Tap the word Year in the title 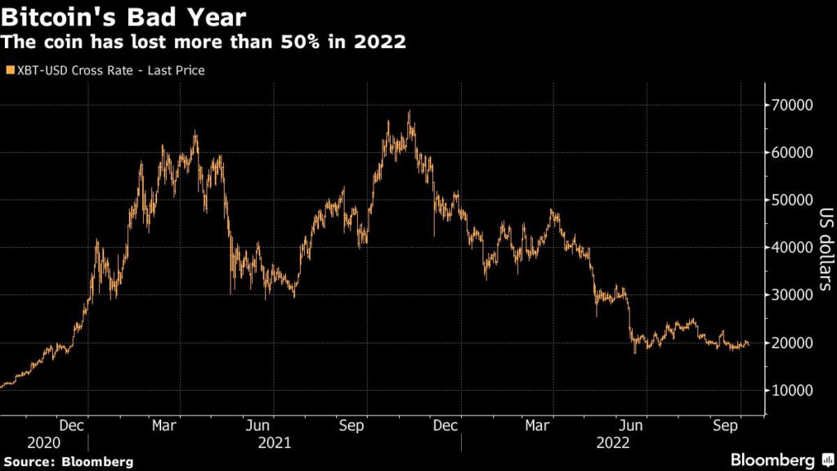click(x=216, y=16)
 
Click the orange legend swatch click(x=9, y=70)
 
